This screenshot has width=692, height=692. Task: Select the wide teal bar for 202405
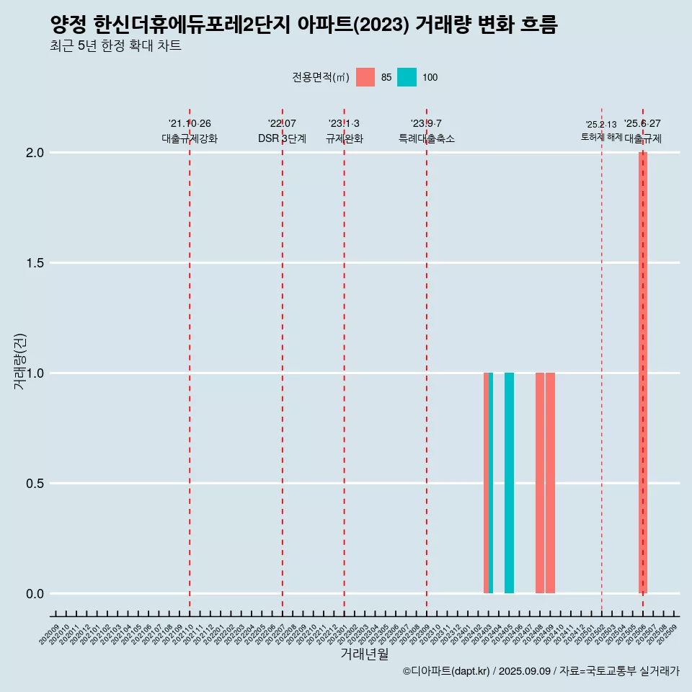click(509, 483)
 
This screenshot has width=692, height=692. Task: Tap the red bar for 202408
click(540, 483)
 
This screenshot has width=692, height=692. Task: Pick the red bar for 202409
click(550, 483)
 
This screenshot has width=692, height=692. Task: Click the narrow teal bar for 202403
click(491, 483)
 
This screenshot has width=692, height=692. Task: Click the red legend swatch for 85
click(365, 77)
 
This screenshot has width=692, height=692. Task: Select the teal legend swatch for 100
click(407, 77)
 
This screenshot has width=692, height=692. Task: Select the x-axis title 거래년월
click(364, 655)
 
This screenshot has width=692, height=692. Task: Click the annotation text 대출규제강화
click(190, 138)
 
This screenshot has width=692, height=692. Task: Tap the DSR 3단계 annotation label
click(283, 138)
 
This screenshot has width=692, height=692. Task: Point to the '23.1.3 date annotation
click(344, 124)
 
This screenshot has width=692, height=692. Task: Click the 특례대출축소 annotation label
click(427, 138)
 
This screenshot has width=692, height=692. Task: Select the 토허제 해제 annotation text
click(601, 137)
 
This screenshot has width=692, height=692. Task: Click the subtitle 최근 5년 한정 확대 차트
click(115, 46)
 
